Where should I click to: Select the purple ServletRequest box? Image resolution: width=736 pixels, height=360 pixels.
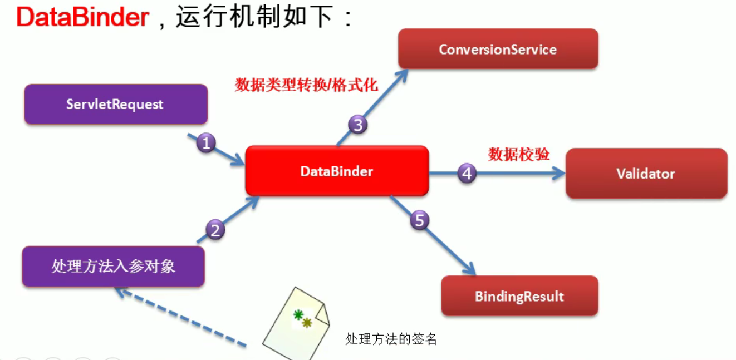click(115, 104)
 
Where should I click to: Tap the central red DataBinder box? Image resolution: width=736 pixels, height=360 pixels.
click(337, 171)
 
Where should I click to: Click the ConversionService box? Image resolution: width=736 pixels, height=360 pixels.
click(498, 49)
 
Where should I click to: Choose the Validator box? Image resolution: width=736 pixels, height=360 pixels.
click(646, 174)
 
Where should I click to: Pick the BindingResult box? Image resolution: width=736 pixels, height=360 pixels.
click(519, 296)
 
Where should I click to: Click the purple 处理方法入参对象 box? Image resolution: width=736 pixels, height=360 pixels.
click(113, 266)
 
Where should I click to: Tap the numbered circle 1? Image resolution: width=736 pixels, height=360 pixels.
click(206, 144)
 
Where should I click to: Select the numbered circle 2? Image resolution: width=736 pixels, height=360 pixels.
click(214, 229)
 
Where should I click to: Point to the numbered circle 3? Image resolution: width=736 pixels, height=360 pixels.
click(358, 125)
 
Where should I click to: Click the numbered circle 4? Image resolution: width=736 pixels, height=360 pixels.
click(467, 174)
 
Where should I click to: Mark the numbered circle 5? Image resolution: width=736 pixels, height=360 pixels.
click(419, 220)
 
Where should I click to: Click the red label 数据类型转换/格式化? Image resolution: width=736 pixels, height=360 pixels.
click(306, 85)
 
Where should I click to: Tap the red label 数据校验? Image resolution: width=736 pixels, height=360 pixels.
click(519, 154)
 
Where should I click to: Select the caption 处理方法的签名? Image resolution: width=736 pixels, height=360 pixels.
click(391, 339)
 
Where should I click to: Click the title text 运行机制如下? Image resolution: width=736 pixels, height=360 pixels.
click(256, 17)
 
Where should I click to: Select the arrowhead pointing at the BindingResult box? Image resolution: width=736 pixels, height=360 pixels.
click(470, 268)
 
